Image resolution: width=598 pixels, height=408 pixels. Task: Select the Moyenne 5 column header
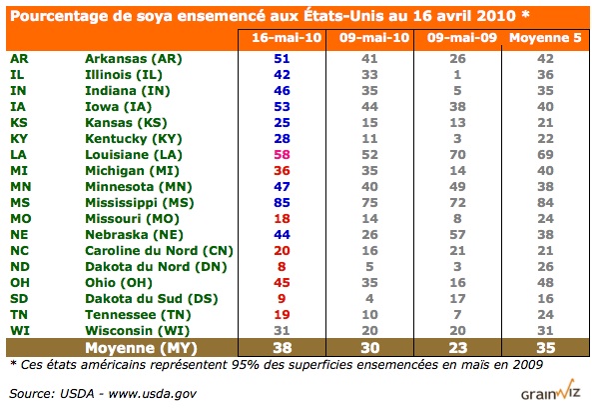(x=543, y=39)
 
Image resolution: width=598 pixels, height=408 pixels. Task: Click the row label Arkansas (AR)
(x=131, y=59)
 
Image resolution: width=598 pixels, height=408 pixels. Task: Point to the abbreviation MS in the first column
(x=19, y=201)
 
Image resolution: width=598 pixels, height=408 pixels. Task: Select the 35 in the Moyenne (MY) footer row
(x=543, y=348)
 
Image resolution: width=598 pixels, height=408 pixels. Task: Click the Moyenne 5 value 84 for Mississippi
(x=543, y=201)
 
